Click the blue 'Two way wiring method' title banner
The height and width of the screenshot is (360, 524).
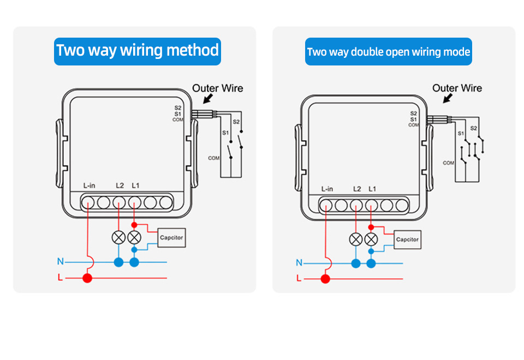[x=138, y=51]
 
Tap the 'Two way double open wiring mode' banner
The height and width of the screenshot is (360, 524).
[x=388, y=52]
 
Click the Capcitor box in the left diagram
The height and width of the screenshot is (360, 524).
[x=171, y=237]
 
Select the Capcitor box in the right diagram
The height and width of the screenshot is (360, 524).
[x=407, y=239]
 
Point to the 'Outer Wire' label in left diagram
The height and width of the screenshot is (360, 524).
[x=217, y=88]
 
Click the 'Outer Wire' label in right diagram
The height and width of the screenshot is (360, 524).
[x=457, y=88]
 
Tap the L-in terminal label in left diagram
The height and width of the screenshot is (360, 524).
[x=89, y=186]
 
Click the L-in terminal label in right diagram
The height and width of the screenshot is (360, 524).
[x=327, y=189]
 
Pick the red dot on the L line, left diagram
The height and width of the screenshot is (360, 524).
[x=87, y=278]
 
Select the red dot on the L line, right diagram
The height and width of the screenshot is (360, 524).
[x=325, y=279]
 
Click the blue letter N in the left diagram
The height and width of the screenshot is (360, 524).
[x=60, y=262]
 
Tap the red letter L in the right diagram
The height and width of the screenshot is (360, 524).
[x=298, y=279]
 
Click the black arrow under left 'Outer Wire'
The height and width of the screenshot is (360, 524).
[x=207, y=99]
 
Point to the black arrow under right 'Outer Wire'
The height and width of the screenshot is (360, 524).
[x=448, y=98]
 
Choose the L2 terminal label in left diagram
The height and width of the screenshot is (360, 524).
[x=120, y=185]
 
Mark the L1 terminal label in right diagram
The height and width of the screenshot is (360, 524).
[x=372, y=189]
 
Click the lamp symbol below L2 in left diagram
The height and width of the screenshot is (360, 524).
[x=118, y=237]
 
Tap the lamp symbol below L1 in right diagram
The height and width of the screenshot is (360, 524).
[x=371, y=239]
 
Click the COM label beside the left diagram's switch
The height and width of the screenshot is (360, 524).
[x=213, y=158]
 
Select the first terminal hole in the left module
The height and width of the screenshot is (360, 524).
[x=88, y=203]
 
